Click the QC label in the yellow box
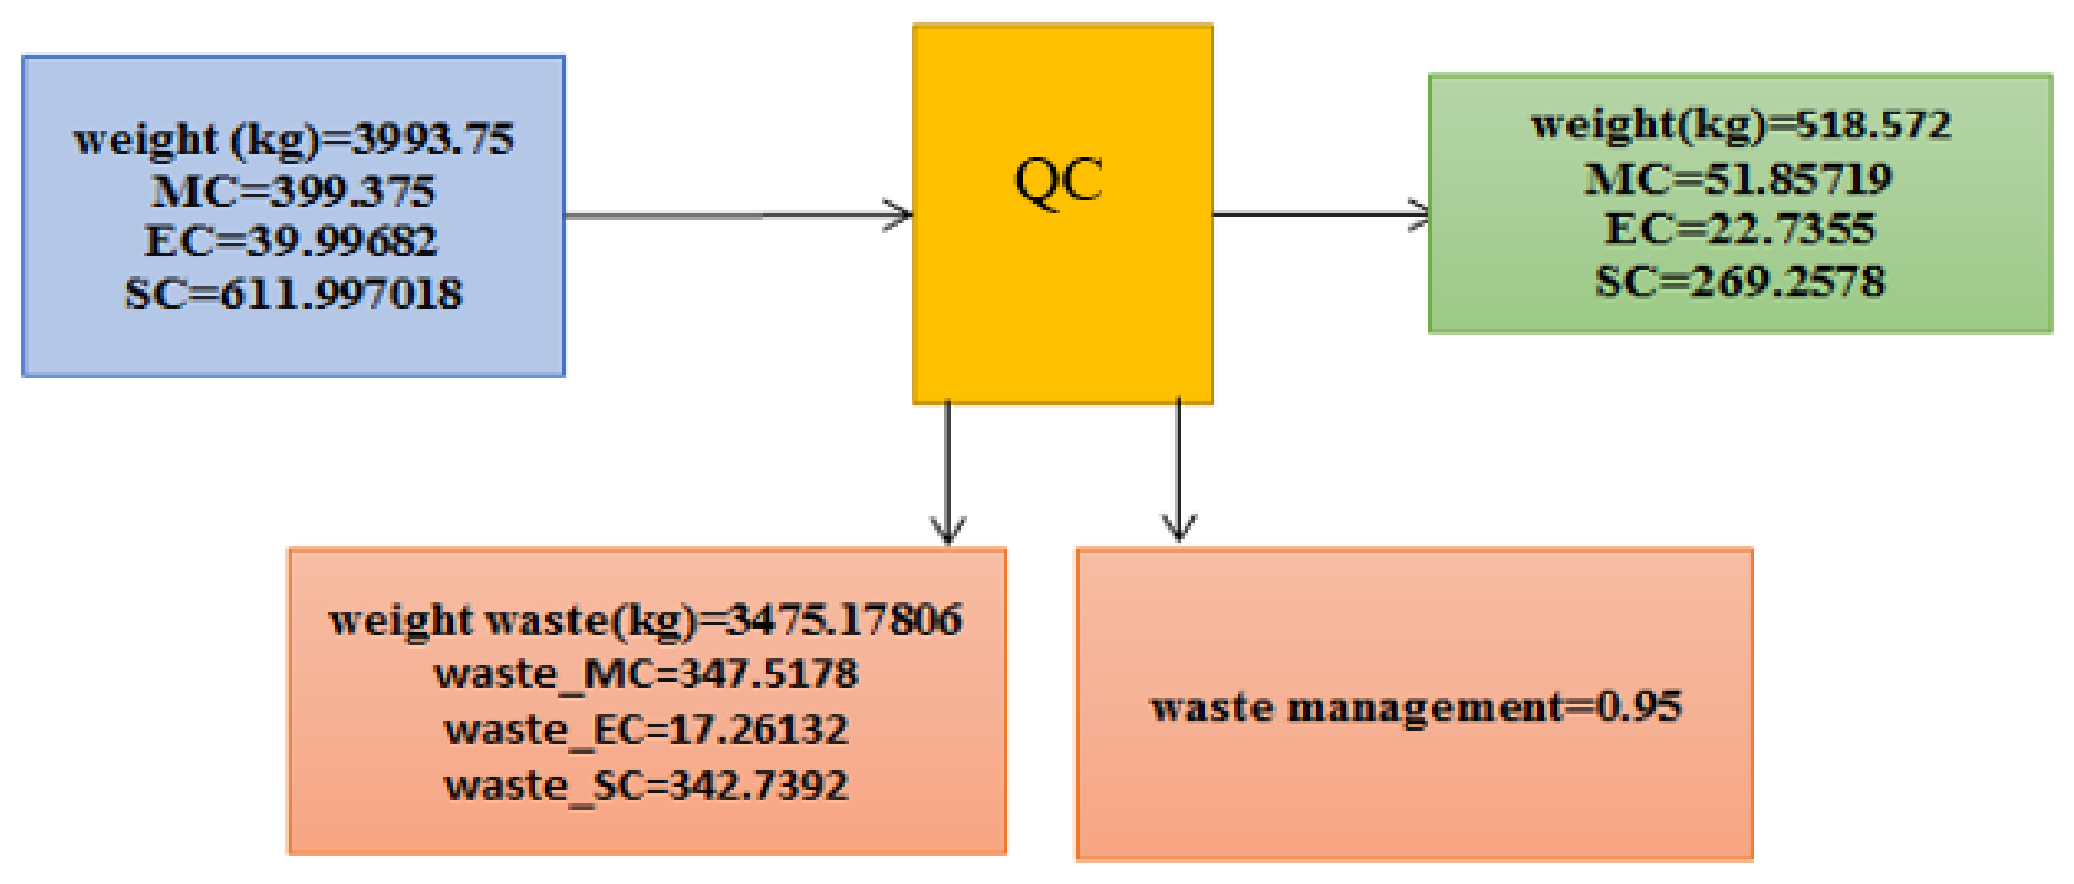coord(1058,181)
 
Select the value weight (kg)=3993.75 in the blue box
coord(293,139)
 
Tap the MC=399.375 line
coord(293,191)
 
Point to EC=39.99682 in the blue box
coord(291,241)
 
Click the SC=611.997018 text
coord(293,293)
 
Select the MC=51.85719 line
coord(1737,179)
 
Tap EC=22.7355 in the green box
coord(1739,230)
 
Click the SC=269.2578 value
coord(1739,282)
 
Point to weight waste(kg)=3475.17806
coord(646,620)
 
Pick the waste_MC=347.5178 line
coord(646,674)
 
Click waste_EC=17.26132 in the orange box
coord(646,730)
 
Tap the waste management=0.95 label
coord(1416,707)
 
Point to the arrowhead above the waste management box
coord(1179,527)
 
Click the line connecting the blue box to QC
coord(725,216)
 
